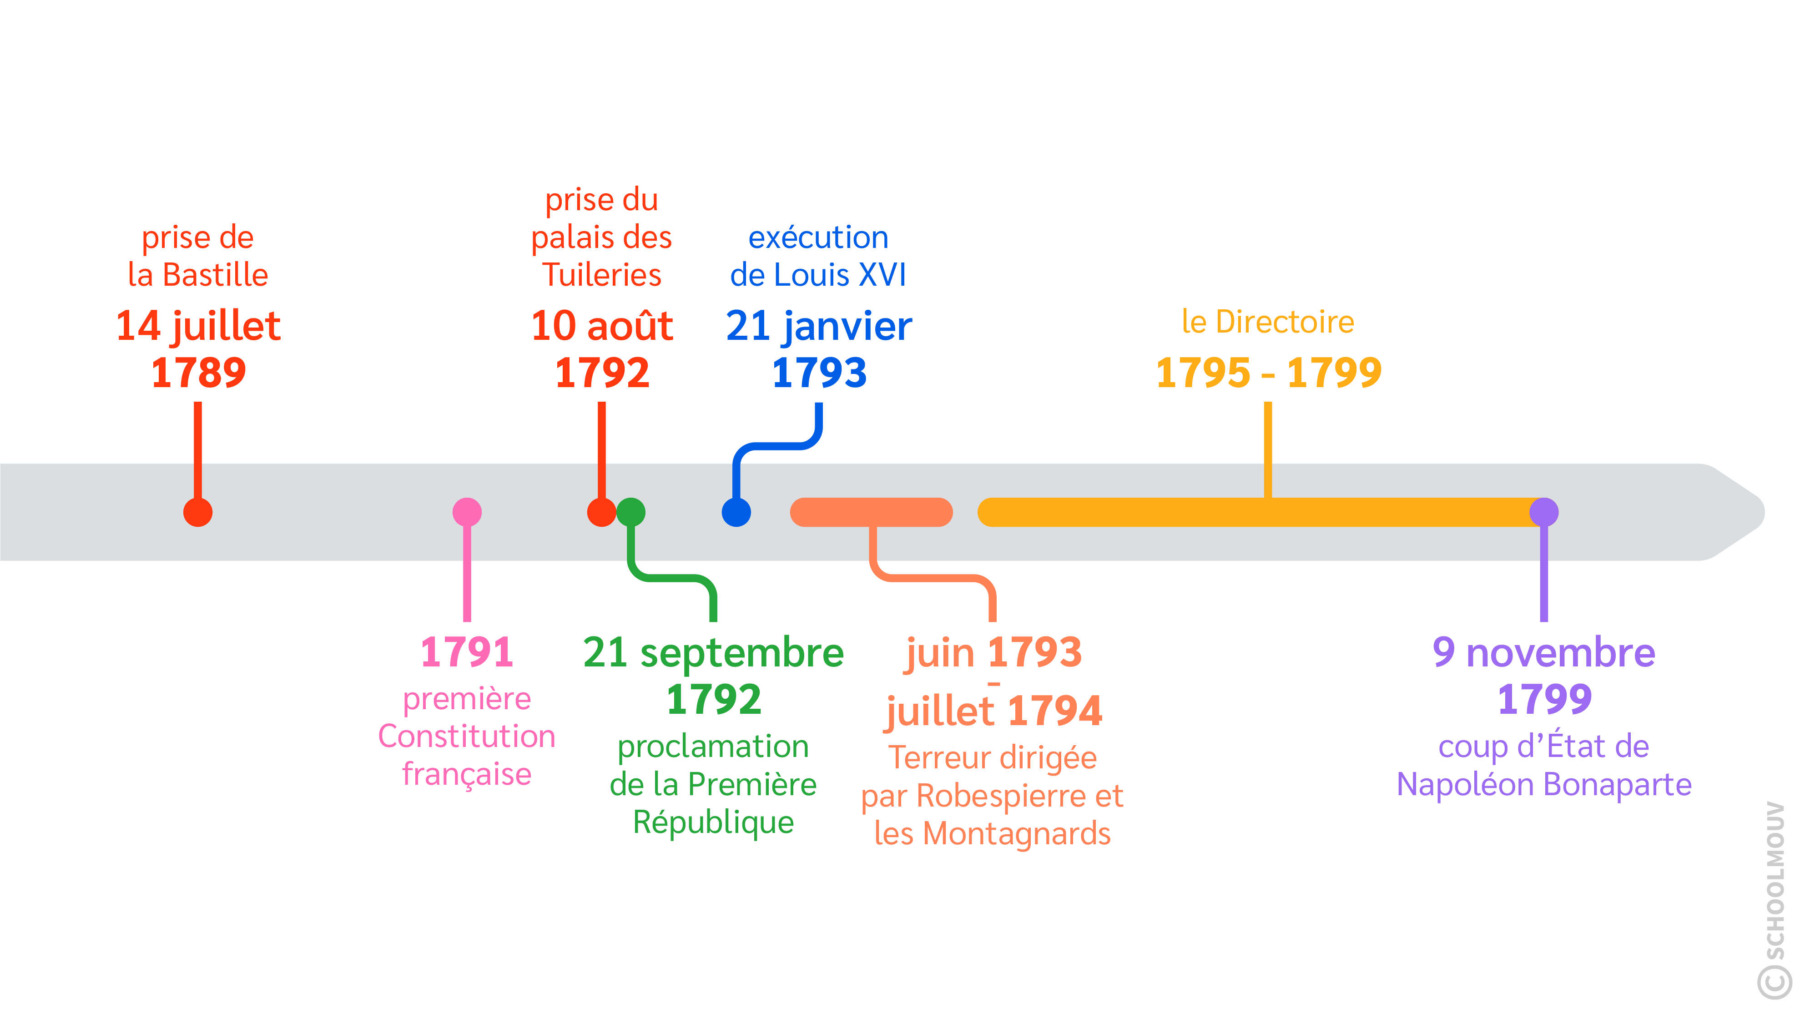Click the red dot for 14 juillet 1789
(198, 512)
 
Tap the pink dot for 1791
(467, 512)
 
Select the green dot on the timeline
(631, 512)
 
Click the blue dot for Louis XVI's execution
(736, 512)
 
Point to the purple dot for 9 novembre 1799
(1544, 512)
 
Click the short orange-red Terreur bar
(871, 512)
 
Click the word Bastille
(216, 275)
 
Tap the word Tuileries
(602, 275)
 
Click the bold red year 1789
(198, 373)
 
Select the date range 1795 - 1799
(1268, 373)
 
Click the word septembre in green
(742, 653)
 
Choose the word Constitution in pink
(467, 736)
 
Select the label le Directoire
(1268, 322)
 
